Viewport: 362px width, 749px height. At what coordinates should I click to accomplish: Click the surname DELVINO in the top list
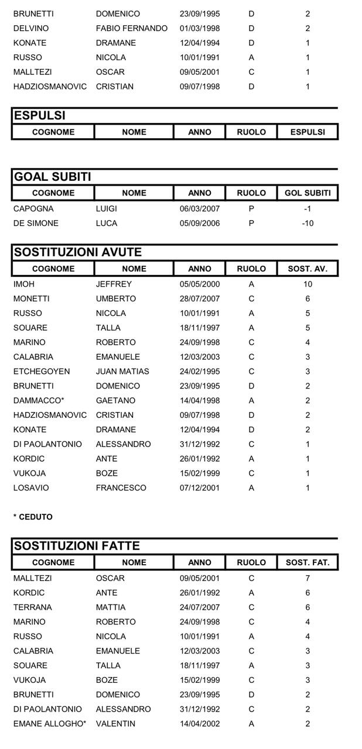[x=31, y=28]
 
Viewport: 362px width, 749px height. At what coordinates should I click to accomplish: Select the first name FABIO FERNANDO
[x=131, y=28]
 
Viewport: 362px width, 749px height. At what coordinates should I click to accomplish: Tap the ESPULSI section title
[x=40, y=115]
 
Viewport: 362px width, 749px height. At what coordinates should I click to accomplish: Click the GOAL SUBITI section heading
[x=53, y=177]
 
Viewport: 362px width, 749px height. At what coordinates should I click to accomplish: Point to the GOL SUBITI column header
[x=308, y=193]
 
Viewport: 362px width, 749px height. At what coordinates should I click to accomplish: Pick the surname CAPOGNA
[x=33, y=209]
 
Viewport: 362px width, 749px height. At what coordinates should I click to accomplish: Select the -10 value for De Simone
[x=308, y=224]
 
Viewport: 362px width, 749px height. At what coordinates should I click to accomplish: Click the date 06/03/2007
[x=200, y=209]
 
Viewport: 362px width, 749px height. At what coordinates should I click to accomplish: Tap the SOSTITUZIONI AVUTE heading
[x=78, y=252]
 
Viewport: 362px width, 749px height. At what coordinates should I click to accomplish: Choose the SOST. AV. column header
[x=308, y=269]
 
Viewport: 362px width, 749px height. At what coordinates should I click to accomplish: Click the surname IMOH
[x=24, y=284]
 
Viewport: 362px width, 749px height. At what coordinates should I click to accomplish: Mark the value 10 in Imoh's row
[x=308, y=284]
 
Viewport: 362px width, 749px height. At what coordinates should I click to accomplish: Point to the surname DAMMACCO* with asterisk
[x=36, y=401]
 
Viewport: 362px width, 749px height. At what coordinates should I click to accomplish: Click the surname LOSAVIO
[x=31, y=488]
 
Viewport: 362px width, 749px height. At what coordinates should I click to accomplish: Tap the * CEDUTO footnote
[x=33, y=517]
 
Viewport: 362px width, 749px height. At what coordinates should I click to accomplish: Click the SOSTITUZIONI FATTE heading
[x=77, y=546]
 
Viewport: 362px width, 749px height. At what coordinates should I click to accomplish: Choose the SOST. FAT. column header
[x=308, y=562]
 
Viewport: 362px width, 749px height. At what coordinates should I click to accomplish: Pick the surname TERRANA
[x=32, y=607]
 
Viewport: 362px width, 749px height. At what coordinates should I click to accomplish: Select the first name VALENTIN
[x=115, y=724]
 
